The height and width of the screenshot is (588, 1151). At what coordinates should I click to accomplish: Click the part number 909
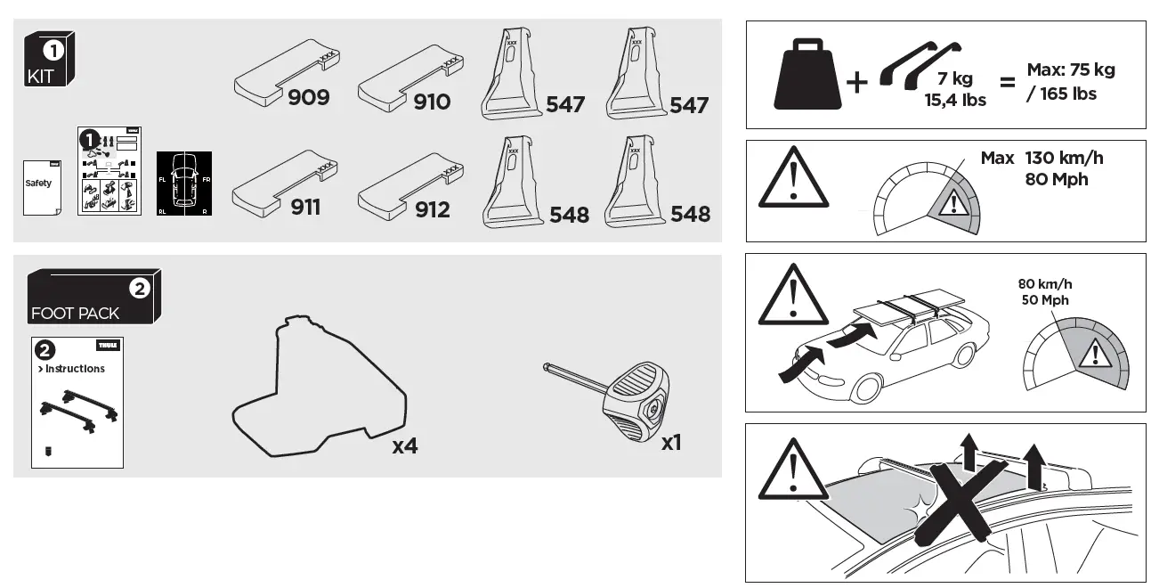click(308, 97)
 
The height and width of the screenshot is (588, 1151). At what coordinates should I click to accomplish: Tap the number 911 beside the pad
click(305, 208)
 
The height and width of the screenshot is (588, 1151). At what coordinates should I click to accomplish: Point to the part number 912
click(432, 209)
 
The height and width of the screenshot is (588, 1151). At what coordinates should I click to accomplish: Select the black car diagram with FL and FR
click(184, 184)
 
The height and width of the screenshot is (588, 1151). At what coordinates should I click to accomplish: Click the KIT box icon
click(49, 59)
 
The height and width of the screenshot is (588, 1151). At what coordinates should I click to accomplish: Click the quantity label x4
click(405, 446)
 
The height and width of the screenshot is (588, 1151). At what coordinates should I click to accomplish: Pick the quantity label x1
click(671, 442)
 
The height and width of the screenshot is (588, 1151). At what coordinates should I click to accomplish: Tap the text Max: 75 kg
click(1070, 69)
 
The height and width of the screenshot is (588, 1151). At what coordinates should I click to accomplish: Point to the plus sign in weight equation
click(856, 84)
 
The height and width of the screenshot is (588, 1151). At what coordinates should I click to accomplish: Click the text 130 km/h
click(1064, 158)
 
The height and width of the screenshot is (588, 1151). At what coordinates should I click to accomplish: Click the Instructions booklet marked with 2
click(77, 402)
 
